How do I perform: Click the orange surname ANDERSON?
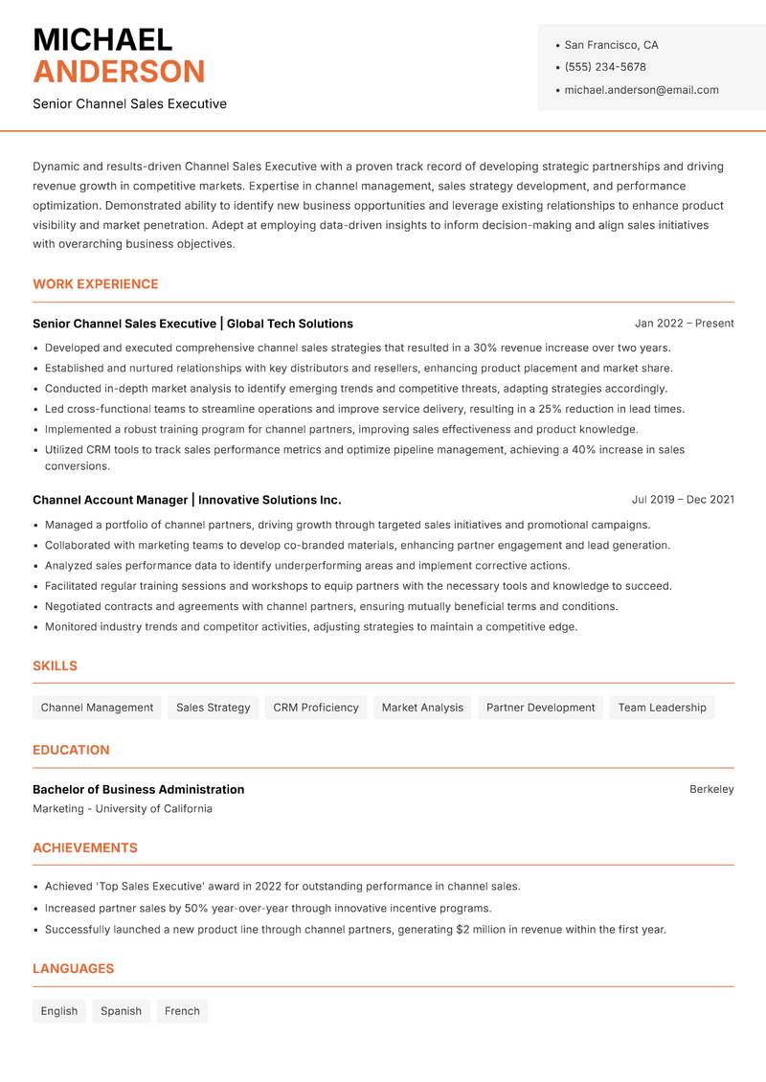tap(119, 72)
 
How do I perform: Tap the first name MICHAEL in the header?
tap(102, 39)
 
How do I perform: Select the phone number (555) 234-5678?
tap(604, 67)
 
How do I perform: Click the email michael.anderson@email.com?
tap(641, 90)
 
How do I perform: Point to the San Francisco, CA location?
tap(611, 45)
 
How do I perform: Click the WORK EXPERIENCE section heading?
tap(95, 284)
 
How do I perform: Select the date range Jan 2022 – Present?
tap(684, 324)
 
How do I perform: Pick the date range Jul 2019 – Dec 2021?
tap(683, 500)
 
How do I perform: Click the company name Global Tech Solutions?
tap(289, 324)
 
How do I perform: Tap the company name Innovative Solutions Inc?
tap(269, 500)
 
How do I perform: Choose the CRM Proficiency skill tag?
tap(315, 708)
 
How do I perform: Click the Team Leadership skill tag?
tap(662, 708)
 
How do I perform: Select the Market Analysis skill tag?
tap(422, 708)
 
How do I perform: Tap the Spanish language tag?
tap(121, 1011)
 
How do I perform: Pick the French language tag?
tap(182, 1011)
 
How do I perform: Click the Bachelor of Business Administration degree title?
tap(138, 790)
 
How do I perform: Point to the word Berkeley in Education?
tap(711, 790)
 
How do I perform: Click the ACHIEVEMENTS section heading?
tap(85, 848)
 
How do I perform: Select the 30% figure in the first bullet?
tap(484, 349)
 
